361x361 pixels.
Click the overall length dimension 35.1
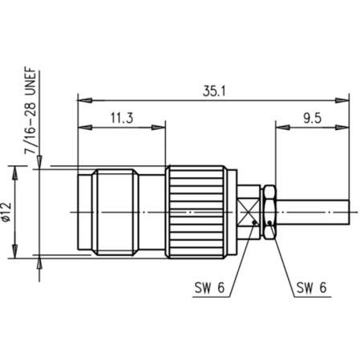click(214, 91)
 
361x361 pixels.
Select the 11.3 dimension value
click(121, 118)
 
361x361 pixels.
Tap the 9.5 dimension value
click(313, 118)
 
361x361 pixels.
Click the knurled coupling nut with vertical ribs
click(197, 212)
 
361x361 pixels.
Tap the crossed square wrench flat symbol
click(251, 212)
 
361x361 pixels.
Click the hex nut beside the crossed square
click(271, 212)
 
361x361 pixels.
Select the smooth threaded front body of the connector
click(120, 212)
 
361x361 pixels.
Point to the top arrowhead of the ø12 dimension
click(13, 172)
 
